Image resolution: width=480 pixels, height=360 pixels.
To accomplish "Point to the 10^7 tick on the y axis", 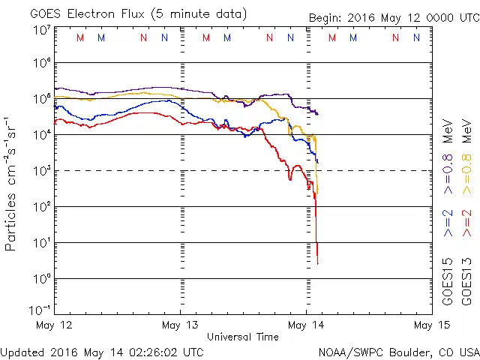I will tap(41, 30).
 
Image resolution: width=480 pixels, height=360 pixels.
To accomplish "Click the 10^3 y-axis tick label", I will tap(41, 171).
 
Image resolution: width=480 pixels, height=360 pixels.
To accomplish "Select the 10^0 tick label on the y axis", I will tap(41, 279).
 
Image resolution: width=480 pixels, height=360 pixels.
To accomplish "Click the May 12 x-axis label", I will tap(55, 325).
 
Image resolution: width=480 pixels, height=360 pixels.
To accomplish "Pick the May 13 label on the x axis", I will tap(181, 325).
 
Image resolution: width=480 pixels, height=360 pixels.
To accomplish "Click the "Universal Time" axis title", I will tap(243, 337).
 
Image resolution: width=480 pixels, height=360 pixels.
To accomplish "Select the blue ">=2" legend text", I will tap(448, 223).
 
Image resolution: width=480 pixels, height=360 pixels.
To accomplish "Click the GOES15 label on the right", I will tap(448, 281).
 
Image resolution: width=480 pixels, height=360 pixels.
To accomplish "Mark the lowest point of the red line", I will tap(318, 264).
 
